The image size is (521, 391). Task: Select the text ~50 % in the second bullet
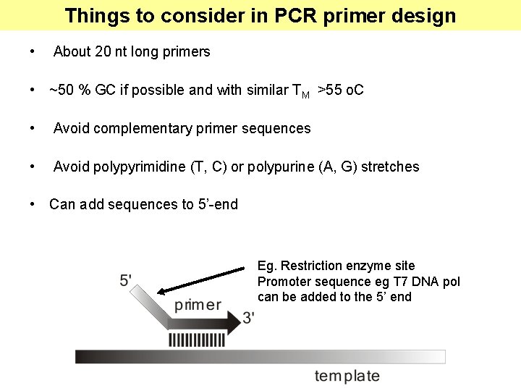click(x=70, y=91)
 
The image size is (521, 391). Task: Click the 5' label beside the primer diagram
click(x=126, y=280)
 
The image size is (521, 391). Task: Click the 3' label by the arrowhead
click(x=248, y=317)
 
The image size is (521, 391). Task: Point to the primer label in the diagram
click(x=198, y=306)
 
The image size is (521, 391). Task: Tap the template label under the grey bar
click(x=347, y=376)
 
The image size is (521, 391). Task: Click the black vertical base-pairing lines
click(x=196, y=340)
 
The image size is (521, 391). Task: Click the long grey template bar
click(x=260, y=356)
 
